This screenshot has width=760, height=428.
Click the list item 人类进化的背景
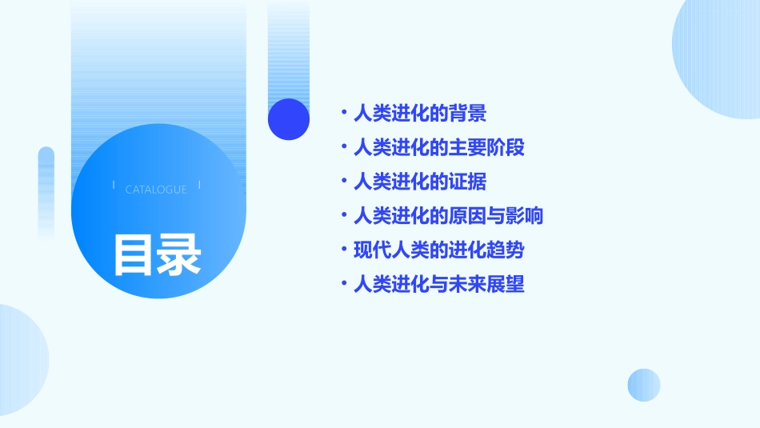pyautogui.click(x=420, y=114)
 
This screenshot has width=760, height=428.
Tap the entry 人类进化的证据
pyautogui.click(x=420, y=182)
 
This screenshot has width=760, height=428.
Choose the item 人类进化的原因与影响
pyautogui.click(x=448, y=216)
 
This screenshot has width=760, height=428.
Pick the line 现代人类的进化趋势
pyautogui.click(x=438, y=250)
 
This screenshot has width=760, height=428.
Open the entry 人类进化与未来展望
pyautogui.click(x=438, y=284)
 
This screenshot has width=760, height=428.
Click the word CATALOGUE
pyautogui.click(x=156, y=190)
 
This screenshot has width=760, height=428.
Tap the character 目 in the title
pyautogui.click(x=133, y=254)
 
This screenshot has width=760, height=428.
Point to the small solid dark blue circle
pyautogui.click(x=289, y=119)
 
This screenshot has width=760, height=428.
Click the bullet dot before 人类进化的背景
pyautogui.click(x=344, y=114)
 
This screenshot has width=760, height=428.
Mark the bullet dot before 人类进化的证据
pyautogui.click(x=344, y=182)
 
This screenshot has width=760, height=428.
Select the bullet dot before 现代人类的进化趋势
pyautogui.click(x=344, y=250)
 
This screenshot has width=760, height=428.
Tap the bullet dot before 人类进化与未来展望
pyautogui.click(x=344, y=284)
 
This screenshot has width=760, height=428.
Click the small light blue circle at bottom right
pyautogui.click(x=644, y=385)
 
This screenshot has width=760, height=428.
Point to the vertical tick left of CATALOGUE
pyautogui.click(x=114, y=186)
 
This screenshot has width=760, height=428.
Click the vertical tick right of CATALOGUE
pyautogui.click(x=199, y=186)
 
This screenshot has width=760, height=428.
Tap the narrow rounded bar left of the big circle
pyautogui.click(x=46, y=192)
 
